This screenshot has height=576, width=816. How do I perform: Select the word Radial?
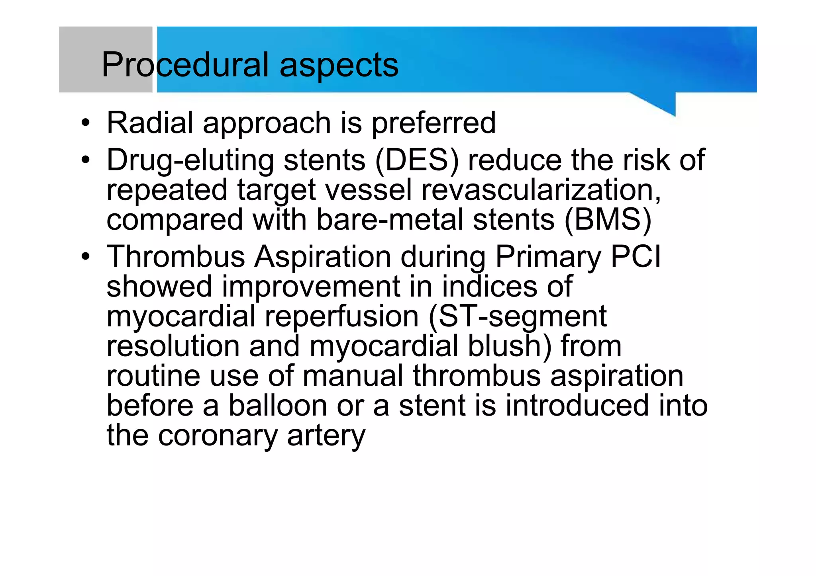(150, 123)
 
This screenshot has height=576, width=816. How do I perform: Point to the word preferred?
(434, 123)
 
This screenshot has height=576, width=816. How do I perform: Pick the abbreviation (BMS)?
(608, 220)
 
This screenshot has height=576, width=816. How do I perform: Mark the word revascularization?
(541, 190)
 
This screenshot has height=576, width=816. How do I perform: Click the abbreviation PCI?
(636, 256)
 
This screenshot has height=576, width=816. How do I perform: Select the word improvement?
(311, 287)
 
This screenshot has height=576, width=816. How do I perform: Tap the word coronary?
(218, 436)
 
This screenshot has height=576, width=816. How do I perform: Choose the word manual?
(353, 376)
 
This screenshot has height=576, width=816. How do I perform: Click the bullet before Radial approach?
(85, 123)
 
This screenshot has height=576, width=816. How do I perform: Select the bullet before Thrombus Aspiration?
(85, 257)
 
